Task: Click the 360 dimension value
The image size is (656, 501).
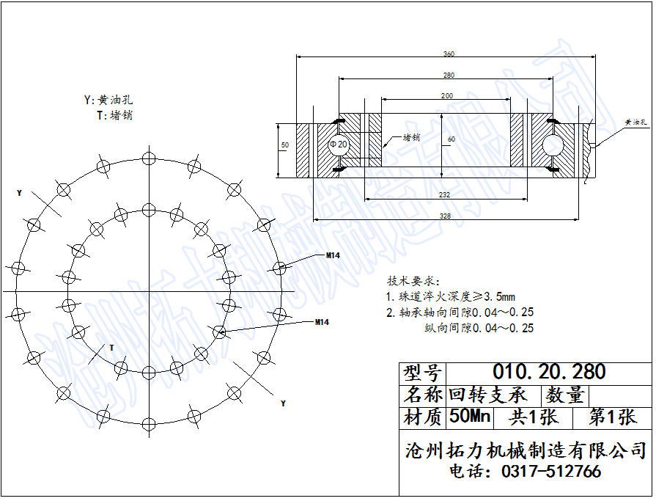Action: tap(449, 54)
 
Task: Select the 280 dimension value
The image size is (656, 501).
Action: tap(449, 76)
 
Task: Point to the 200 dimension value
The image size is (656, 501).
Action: tap(446, 96)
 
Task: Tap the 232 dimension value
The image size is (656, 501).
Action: tap(445, 194)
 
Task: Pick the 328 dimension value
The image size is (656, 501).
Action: tap(445, 216)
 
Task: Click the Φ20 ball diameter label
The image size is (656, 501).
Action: tap(339, 145)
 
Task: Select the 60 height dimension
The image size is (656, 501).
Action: tap(452, 139)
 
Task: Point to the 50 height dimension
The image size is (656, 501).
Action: tap(285, 145)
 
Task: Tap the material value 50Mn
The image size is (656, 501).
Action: tap(469, 417)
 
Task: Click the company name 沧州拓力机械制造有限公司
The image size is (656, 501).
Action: tap(526, 450)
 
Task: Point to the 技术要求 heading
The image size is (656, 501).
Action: tap(411, 282)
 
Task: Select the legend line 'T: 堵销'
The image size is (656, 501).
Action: tap(114, 115)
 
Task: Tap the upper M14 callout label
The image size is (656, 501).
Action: tap(333, 255)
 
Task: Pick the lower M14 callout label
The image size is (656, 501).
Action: tap(322, 322)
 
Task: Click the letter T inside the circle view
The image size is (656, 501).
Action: tap(111, 347)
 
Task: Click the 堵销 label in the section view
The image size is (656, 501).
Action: tap(411, 136)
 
